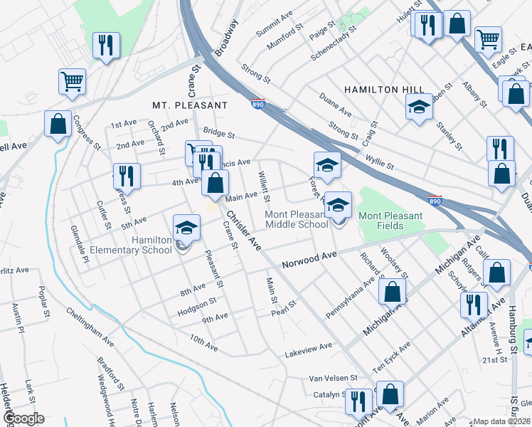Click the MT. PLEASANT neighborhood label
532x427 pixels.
coord(190,105)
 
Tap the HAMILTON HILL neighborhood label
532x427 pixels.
coord(384,89)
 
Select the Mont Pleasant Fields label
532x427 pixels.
coord(390,221)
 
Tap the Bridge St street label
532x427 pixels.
coord(218,132)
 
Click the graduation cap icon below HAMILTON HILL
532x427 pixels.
coord(419,107)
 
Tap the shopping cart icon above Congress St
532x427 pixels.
coord(72,82)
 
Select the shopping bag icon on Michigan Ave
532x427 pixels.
coord(392,291)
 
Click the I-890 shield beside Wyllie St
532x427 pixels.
coord(436,200)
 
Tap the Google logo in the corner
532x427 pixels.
coord(23,418)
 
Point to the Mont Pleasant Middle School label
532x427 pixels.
coord(297,219)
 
